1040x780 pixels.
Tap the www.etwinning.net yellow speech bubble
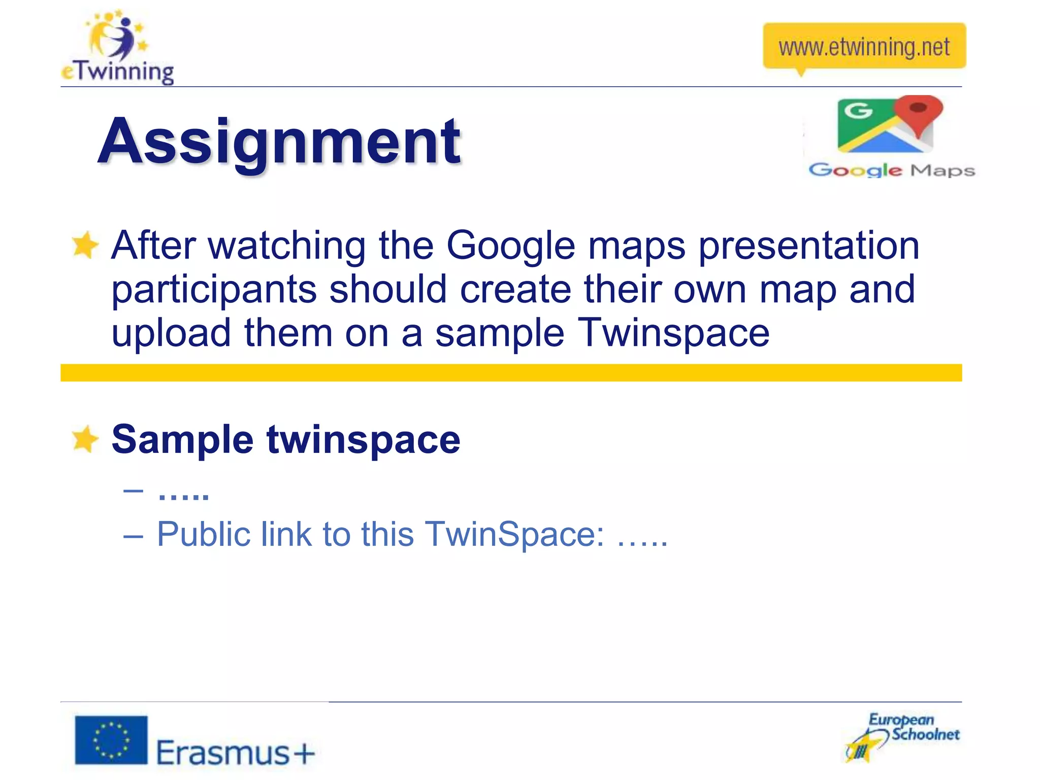(x=864, y=47)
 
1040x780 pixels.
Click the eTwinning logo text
(x=118, y=72)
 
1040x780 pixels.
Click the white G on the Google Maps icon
(x=858, y=110)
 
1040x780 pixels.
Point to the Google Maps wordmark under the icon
(x=892, y=170)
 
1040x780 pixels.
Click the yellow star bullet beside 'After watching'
(x=84, y=245)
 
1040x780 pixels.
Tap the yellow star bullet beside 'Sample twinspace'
(x=84, y=439)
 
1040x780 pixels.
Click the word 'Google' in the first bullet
(x=511, y=246)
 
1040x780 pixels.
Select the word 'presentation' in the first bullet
(x=808, y=246)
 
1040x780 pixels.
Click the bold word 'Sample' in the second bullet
(x=182, y=439)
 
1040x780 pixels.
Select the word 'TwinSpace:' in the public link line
(x=514, y=534)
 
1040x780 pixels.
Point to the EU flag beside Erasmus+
(x=111, y=740)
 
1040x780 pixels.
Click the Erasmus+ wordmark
(x=235, y=752)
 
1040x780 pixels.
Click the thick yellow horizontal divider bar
(x=511, y=373)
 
